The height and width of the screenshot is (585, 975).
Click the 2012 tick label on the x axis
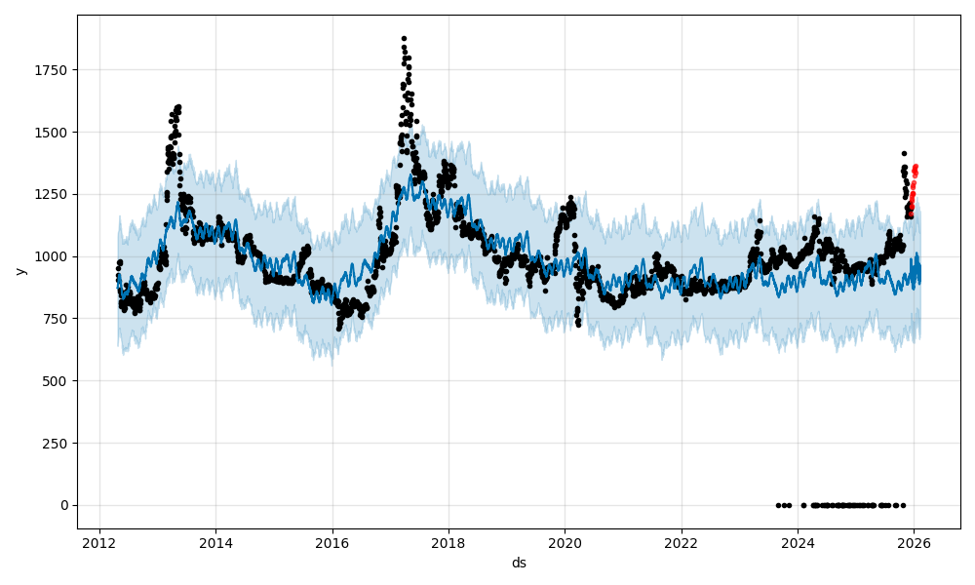tap(99, 542)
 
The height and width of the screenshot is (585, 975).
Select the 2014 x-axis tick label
tap(215, 542)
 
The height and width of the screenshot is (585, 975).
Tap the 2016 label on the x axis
tap(332, 542)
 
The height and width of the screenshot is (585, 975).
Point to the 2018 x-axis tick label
tap(448, 542)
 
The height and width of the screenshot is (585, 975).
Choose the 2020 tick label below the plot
tap(565, 542)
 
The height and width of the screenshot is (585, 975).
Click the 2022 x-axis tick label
tap(682, 542)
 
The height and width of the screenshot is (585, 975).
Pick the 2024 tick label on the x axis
tap(798, 542)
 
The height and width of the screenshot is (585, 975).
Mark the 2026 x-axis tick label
tap(914, 542)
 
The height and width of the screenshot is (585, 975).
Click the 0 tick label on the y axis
tap(64, 505)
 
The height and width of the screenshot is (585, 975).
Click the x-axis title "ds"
tap(519, 563)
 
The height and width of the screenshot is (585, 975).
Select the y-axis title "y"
tap(19, 271)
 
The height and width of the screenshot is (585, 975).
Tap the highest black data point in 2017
tap(404, 39)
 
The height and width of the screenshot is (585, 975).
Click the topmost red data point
tap(916, 167)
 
